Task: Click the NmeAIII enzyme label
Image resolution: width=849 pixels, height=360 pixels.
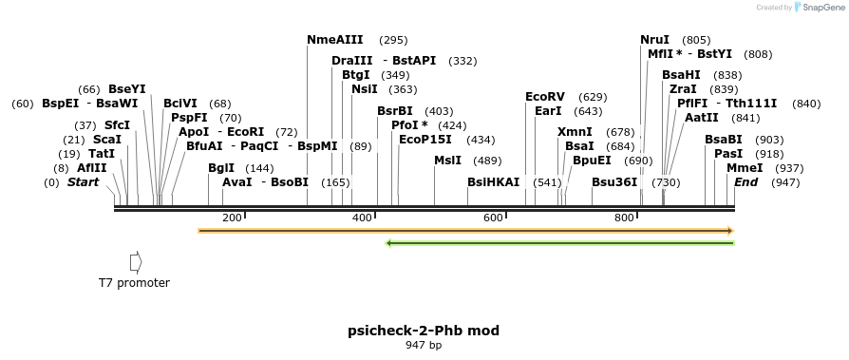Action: click(334, 40)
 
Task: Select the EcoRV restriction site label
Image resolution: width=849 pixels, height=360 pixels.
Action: click(545, 97)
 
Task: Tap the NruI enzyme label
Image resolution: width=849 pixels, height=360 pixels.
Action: click(654, 40)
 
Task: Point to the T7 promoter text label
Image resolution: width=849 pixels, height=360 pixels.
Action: click(135, 283)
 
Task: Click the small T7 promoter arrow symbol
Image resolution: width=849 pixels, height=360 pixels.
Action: click(136, 260)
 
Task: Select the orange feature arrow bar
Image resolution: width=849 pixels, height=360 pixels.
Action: click(465, 230)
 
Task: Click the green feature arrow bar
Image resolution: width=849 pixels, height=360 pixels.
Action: click(560, 243)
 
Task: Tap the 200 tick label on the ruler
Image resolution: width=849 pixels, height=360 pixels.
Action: click(232, 218)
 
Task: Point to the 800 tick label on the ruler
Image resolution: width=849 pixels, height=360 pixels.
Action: click(624, 218)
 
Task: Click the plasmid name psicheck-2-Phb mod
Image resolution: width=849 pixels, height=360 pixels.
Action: click(424, 331)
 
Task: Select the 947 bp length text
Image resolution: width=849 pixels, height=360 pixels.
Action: click(424, 345)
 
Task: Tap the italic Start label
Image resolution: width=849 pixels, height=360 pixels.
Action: click(83, 182)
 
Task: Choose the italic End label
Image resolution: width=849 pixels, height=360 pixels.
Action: click(745, 182)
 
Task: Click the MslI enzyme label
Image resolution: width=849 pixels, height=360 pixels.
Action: click(447, 161)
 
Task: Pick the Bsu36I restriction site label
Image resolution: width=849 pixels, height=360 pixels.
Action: click(614, 182)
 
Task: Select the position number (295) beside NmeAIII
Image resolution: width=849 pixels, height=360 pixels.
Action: click(393, 40)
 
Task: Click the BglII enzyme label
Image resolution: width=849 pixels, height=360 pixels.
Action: click(220, 168)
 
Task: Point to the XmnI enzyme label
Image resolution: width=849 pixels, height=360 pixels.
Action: click(575, 132)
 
